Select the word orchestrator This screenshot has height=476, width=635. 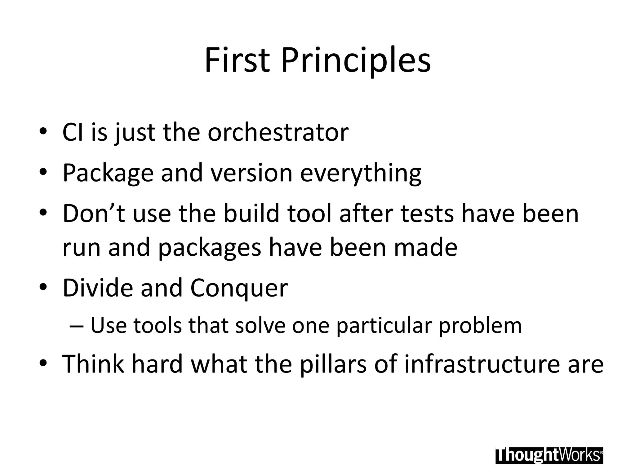pyautogui.click(x=278, y=133)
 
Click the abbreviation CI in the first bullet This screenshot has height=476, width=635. pyautogui.click(x=73, y=133)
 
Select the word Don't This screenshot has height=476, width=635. pyautogui.click(x=94, y=214)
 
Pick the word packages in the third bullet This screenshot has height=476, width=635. pyautogui.click(x=210, y=248)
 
